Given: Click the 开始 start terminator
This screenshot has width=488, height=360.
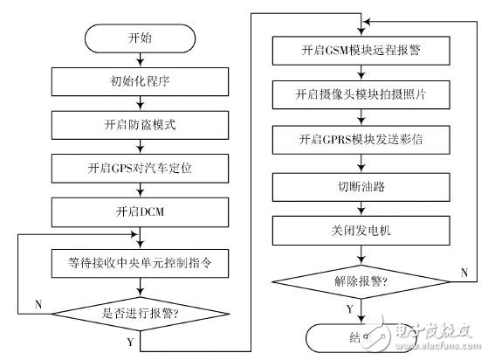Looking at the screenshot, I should tap(141, 41).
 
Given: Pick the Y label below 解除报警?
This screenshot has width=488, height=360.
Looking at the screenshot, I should tap(351, 308).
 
